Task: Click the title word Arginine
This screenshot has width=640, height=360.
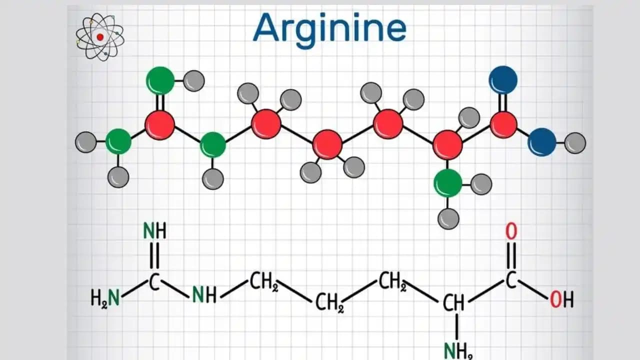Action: [329, 29]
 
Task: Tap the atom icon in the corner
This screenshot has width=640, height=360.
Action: [100, 37]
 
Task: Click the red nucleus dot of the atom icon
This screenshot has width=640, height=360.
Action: [100, 37]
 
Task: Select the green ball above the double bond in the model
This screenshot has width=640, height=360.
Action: [160, 80]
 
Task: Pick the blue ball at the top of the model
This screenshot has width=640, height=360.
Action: [503, 79]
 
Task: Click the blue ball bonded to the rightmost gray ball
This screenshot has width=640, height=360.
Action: [542, 142]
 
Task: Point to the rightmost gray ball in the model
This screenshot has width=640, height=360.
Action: [575, 143]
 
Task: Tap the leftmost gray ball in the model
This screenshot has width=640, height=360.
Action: [86, 142]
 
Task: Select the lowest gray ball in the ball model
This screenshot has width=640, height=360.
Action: [448, 218]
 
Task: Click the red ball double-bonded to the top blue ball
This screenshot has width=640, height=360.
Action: [503, 125]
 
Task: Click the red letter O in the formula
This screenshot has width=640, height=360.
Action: [511, 231]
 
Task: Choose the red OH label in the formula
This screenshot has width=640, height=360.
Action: [561, 299]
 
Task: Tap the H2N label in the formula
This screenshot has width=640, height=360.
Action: [105, 297]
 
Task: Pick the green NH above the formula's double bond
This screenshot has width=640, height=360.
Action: [154, 231]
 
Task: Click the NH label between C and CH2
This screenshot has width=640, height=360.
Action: [204, 294]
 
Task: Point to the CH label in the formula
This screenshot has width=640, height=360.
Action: [453, 303]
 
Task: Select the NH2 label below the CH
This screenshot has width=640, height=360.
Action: [458, 351]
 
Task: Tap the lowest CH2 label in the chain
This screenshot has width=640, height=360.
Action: [329, 302]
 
